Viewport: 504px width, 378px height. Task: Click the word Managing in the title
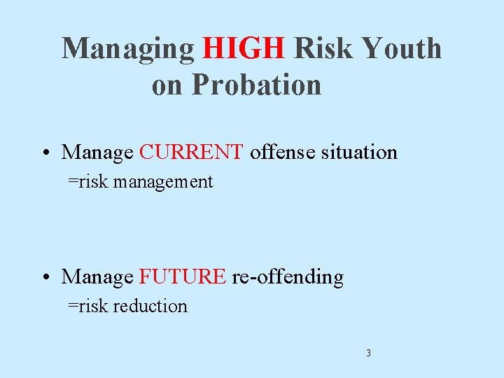128,49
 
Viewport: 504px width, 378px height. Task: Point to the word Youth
402,49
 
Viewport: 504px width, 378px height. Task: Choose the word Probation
256,85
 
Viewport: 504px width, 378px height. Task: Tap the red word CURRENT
191,152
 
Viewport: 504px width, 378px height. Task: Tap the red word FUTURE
182,276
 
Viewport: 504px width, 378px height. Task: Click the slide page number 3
368,353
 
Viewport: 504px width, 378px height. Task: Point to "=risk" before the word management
88,182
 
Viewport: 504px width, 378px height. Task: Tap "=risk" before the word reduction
88,306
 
